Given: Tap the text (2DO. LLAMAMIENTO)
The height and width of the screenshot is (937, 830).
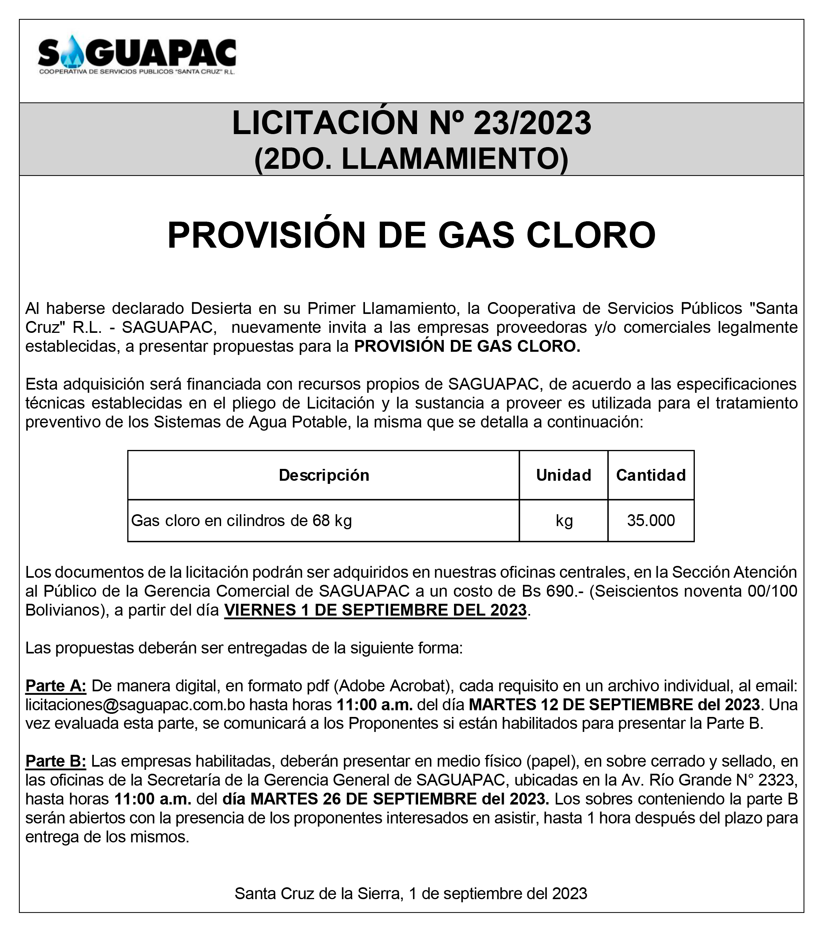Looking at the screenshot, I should (x=411, y=159).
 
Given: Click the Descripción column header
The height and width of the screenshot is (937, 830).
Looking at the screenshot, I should (x=324, y=475).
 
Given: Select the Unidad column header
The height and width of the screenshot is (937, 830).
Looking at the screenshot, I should (x=564, y=475).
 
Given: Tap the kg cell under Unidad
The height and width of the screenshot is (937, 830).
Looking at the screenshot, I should (x=564, y=521).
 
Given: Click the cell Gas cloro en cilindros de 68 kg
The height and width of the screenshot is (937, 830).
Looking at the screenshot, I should (x=242, y=521).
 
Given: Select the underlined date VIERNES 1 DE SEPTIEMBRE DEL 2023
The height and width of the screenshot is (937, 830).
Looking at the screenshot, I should (x=375, y=610).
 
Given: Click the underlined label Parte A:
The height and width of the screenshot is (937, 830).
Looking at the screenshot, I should (x=56, y=686).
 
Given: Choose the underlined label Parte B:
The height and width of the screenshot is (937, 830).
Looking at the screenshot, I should (x=56, y=762).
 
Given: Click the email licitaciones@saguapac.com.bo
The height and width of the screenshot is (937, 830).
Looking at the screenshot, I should (x=135, y=705).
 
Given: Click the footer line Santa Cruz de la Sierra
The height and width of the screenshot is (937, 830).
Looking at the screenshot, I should (x=411, y=894).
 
